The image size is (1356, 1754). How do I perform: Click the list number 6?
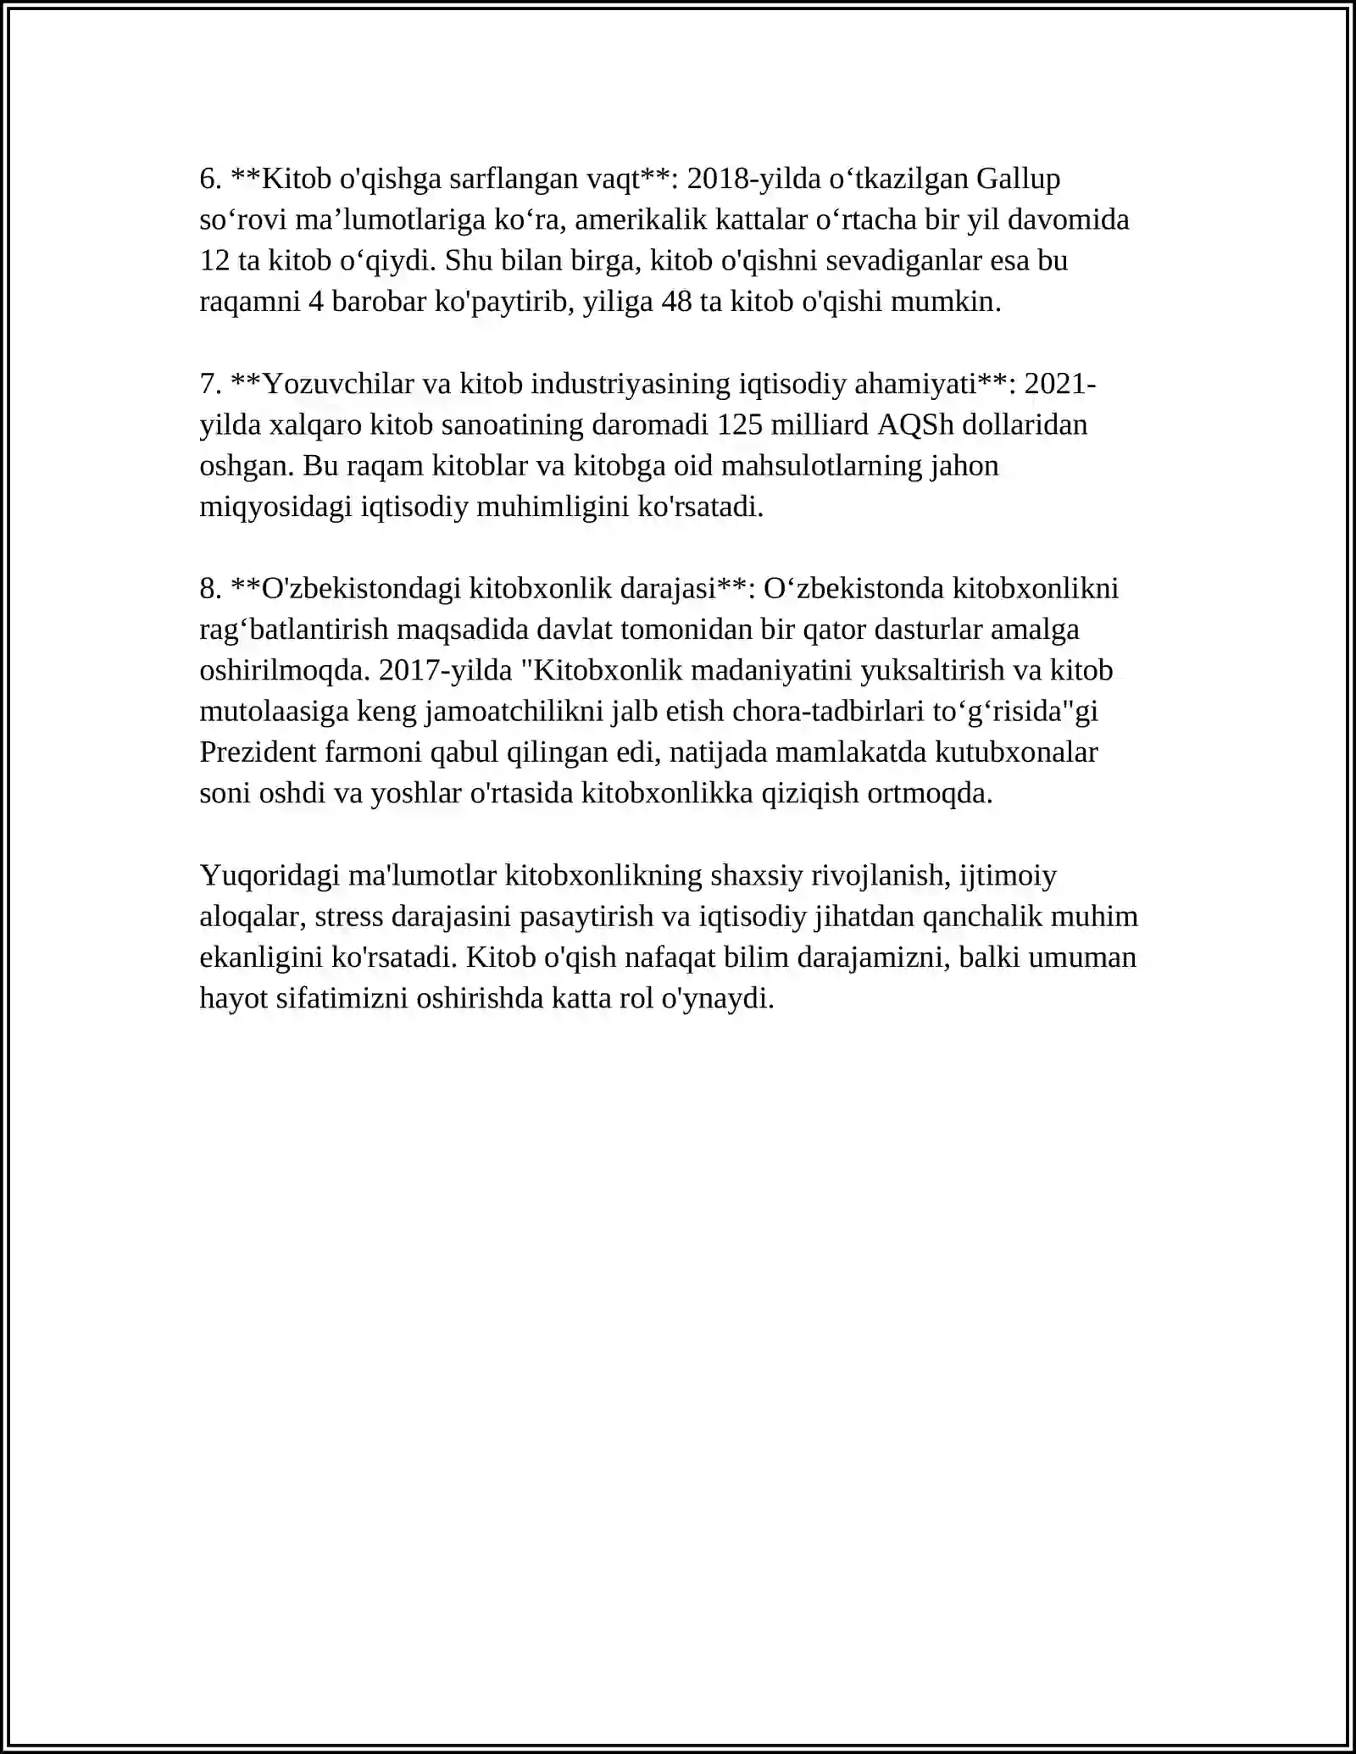(x=210, y=179)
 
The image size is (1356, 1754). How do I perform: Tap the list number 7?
(x=210, y=384)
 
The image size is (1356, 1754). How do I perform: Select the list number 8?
(x=210, y=588)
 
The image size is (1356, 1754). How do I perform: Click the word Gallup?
(x=1018, y=179)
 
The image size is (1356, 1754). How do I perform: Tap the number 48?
(x=676, y=302)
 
